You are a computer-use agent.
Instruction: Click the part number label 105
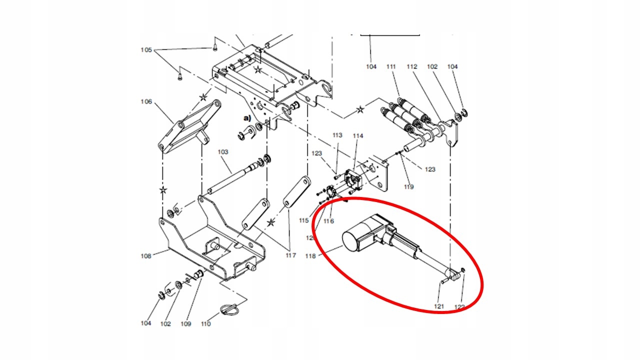[146, 50]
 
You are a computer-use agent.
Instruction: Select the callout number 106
[146, 101]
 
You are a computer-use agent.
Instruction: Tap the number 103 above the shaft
[222, 151]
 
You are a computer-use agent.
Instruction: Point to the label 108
[145, 256]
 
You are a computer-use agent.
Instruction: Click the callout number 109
[185, 323]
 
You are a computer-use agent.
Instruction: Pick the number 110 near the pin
[205, 323]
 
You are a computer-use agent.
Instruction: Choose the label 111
[391, 66]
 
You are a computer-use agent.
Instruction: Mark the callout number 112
[411, 66]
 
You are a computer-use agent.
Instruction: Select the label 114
[357, 135]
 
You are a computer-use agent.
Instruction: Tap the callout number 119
[409, 187]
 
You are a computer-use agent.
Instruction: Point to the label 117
[290, 255]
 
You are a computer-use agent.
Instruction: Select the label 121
[438, 306]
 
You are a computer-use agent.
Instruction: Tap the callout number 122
[459, 306]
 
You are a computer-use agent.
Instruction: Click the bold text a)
[246, 118]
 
